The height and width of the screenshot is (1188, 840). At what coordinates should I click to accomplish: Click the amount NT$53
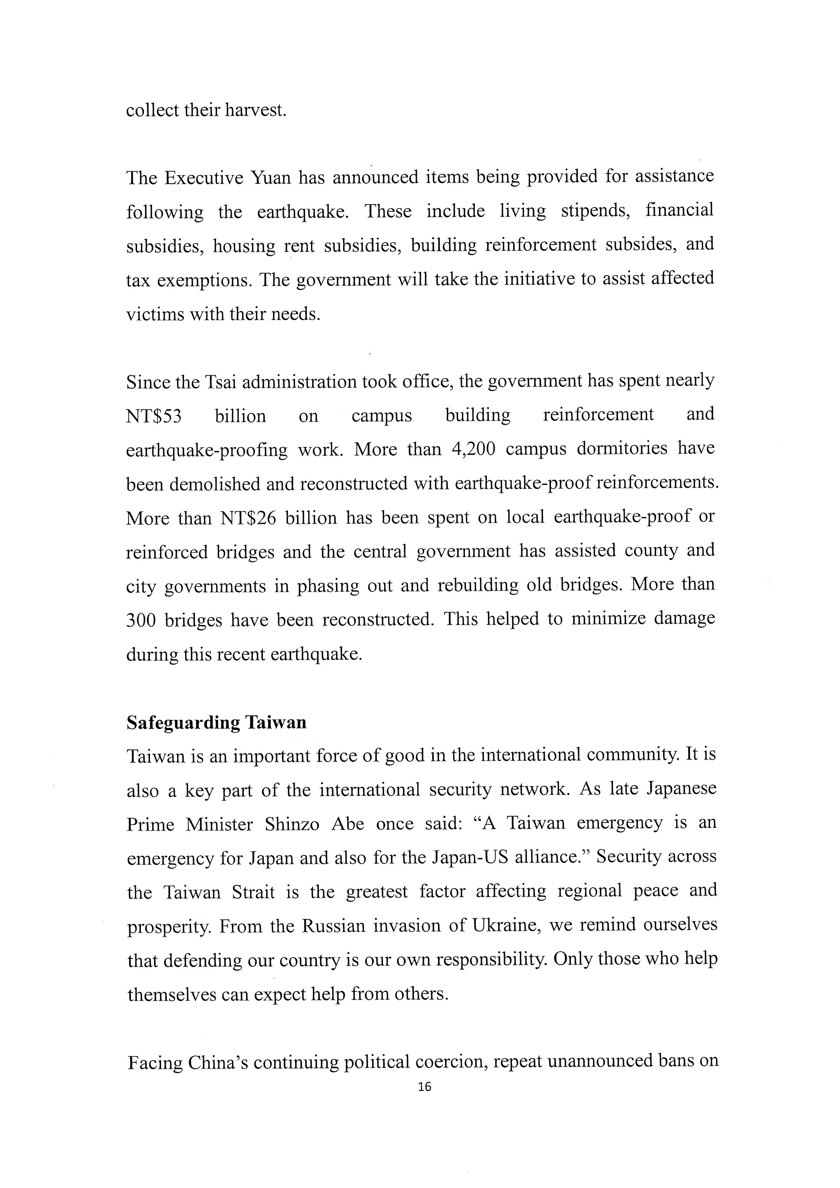[x=154, y=416]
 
